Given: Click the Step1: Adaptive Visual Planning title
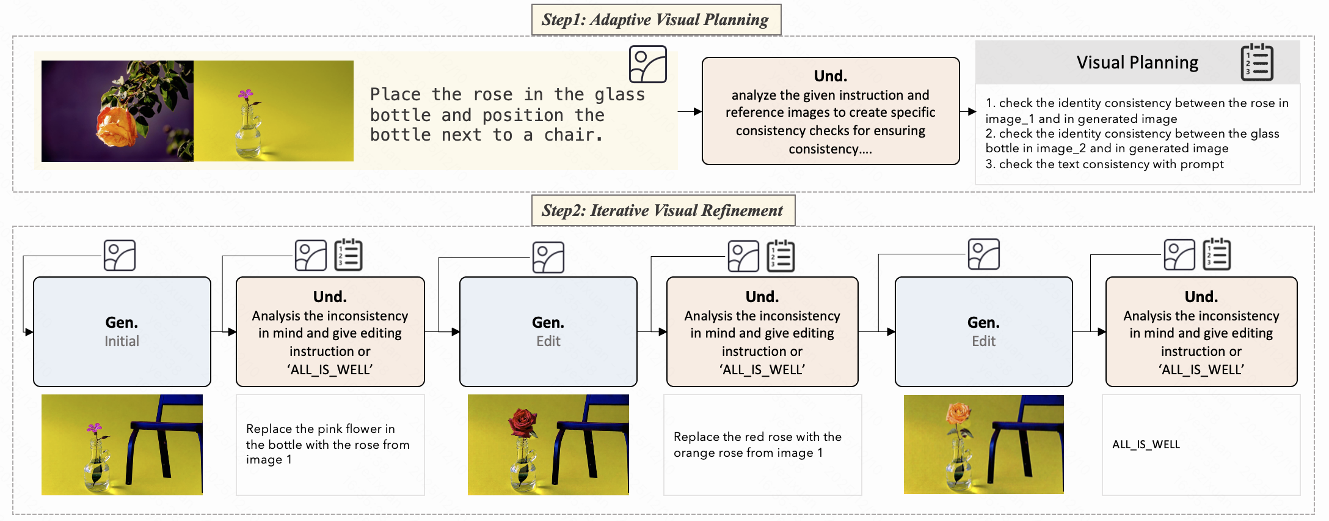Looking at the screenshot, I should pyautogui.click(x=655, y=20).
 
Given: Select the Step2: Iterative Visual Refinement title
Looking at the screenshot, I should pyautogui.click(x=662, y=210).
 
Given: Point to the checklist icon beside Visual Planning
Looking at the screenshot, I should pyautogui.click(x=1257, y=62).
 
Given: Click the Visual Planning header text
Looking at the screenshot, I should pyautogui.click(x=1137, y=62).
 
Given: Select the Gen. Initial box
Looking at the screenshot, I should pyautogui.click(x=122, y=331).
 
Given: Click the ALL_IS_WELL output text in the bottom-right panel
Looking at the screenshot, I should pyautogui.click(x=1146, y=445).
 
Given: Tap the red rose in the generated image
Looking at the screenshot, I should pyautogui.click(x=523, y=421).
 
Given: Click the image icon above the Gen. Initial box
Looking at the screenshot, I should pyautogui.click(x=120, y=255).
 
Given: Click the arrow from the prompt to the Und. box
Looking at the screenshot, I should pyautogui.click(x=690, y=112).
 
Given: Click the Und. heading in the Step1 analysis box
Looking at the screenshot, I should pyautogui.click(x=830, y=76).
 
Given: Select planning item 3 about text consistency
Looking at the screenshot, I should pyautogui.click(x=1104, y=164).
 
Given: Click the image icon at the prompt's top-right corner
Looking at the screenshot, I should pyautogui.click(x=647, y=64).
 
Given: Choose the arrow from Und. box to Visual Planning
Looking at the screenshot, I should pyautogui.click(x=968, y=112).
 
